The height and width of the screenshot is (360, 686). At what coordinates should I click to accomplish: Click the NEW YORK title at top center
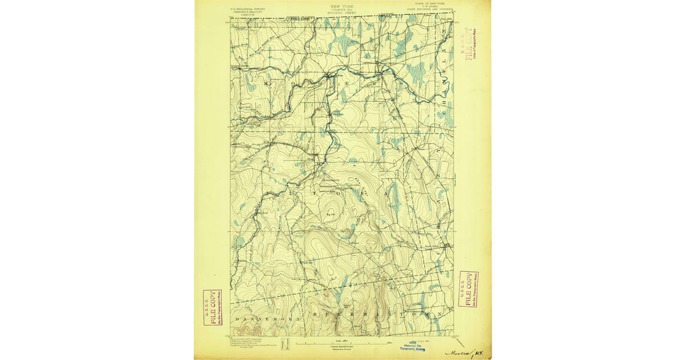pos(342,6)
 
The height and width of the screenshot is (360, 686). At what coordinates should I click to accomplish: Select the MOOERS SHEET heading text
pos(342,12)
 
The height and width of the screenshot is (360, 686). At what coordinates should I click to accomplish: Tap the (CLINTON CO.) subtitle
pos(342,9)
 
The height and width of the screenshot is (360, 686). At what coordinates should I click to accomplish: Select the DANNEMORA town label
pos(254,315)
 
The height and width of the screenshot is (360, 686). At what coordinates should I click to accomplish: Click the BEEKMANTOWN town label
pos(377,314)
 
